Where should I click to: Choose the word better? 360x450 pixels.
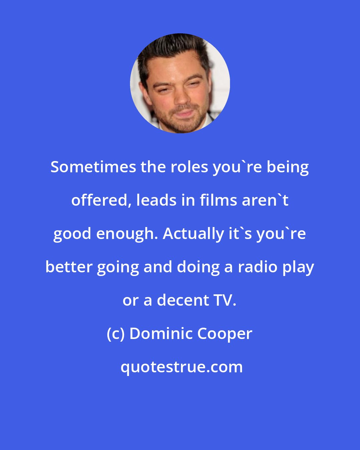(x=69, y=267)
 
